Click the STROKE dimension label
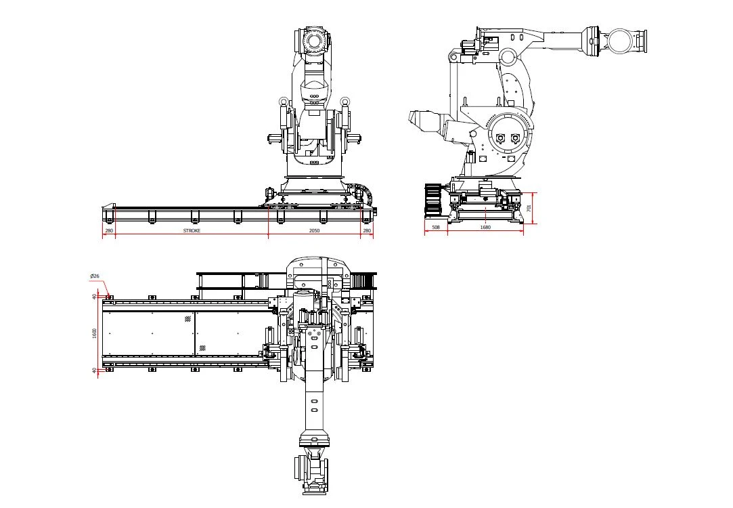pyautogui.click(x=192, y=230)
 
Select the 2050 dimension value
pyautogui.click(x=315, y=230)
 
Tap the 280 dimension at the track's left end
pyautogui.click(x=109, y=230)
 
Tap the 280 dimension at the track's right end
pyautogui.click(x=367, y=230)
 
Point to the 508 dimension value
pyautogui.click(x=436, y=228)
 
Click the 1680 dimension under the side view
pyautogui.click(x=486, y=228)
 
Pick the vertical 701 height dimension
pyautogui.click(x=529, y=207)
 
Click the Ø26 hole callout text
pyautogui.click(x=95, y=276)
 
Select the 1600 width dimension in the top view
pyautogui.click(x=95, y=333)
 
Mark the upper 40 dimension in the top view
pyautogui.click(x=95, y=297)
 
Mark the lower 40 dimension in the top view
pyautogui.click(x=95, y=371)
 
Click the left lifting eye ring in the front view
pyautogui.click(x=283, y=101)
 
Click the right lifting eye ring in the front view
pyautogui.click(x=345, y=101)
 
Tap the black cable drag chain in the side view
pyautogui.click(x=433, y=200)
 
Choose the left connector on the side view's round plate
pyautogui.click(x=500, y=138)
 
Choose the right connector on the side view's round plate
pyautogui.click(x=515, y=138)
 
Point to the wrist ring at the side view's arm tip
pyautogui.click(x=621, y=41)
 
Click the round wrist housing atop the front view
pyautogui.click(x=313, y=41)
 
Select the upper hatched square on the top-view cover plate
pyautogui.click(x=188, y=319)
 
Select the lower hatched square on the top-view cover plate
pyautogui.click(x=202, y=348)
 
